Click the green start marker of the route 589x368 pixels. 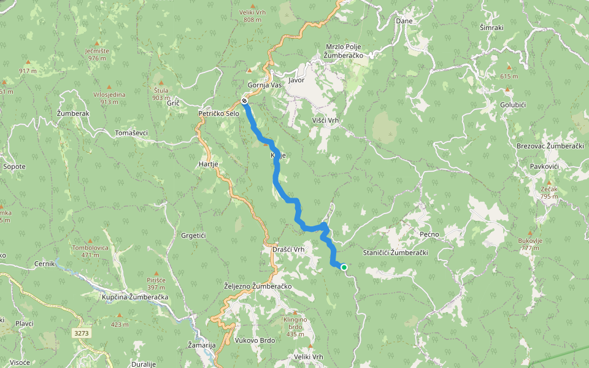coord(344,267)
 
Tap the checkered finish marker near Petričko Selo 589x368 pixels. coord(244,100)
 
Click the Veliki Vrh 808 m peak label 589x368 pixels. coord(252,15)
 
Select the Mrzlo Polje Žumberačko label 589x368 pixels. coord(345,51)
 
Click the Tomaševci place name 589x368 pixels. coord(131,132)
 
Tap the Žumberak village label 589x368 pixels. coord(73,114)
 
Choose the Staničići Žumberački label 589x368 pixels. coord(395,253)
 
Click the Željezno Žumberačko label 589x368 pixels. coord(258,286)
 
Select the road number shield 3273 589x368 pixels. coord(80,333)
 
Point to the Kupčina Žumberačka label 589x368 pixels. coord(135,297)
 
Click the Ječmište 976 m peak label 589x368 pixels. coord(98,54)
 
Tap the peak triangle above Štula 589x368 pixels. coord(161,82)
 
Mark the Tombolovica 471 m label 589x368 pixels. coord(90,251)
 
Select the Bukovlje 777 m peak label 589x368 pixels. coord(530,244)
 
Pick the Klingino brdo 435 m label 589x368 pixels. coord(294,327)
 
